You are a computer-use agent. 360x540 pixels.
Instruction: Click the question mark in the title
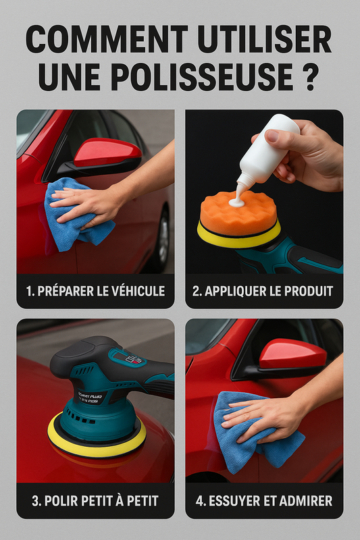(308, 76)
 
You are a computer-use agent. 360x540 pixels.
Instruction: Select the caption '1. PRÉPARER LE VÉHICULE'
(95, 292)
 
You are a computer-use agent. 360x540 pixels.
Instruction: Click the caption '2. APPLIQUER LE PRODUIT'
(263, 292)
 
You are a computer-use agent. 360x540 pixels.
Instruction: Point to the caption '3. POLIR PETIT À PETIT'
(95, 500)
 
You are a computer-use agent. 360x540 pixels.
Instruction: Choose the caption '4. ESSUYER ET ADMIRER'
(263, 500)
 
